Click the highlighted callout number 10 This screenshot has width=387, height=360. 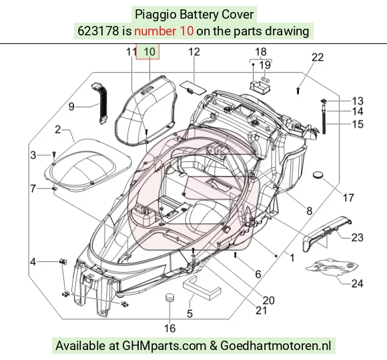(149, 52)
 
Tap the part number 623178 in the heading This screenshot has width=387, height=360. (98, 31)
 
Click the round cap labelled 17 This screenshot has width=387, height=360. (318, 175)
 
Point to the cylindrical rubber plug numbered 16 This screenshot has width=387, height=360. (169, 297)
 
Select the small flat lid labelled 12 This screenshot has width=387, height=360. (192, 87)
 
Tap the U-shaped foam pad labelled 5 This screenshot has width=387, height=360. (202, 288)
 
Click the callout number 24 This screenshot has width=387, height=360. (357, 283)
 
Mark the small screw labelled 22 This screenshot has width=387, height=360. (298, 91)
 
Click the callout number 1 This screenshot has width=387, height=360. (292, 258)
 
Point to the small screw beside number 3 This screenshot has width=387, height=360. (54, 155)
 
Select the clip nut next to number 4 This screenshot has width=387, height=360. (63, 261)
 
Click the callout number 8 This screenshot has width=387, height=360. (309, 211)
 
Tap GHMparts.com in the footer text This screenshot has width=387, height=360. (164, 346)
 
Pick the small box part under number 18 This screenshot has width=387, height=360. (260, 86)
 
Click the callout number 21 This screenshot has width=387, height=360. (261, 311)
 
